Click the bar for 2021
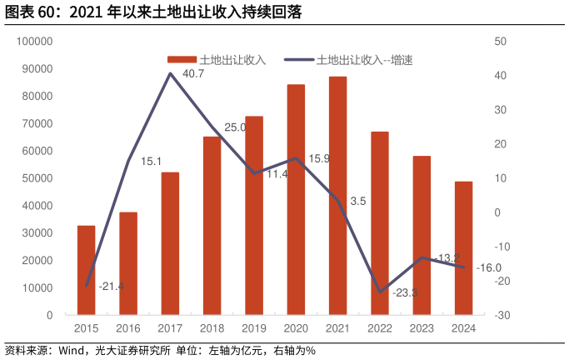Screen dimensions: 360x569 pos(337,196)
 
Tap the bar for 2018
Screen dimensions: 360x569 pos(212,226)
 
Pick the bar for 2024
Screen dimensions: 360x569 pos(463,248)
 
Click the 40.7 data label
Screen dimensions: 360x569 pos(193,74)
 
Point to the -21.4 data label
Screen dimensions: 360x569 pos(111,287)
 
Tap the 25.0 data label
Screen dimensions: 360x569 pos(236,127)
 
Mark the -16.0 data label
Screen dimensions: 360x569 pos(488,267)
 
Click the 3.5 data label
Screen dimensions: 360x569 pos(358,201)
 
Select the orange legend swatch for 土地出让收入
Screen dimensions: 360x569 pos(181,60)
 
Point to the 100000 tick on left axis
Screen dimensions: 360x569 pos(35,41)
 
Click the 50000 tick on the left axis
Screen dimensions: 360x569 pos(37,178)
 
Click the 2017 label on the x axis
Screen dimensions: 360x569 pos(170,329)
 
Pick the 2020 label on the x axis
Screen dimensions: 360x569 pos(296,329)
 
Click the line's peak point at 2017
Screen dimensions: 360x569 pos(170,73)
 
